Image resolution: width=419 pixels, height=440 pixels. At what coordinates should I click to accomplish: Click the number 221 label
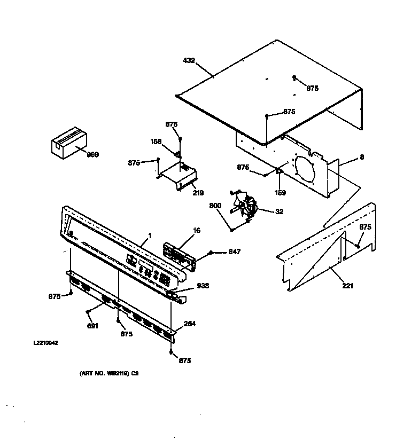pos(347,286)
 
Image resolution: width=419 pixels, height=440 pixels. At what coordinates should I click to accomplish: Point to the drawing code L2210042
pos(45,343)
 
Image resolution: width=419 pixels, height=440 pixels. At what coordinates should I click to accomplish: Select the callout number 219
pos(198,192)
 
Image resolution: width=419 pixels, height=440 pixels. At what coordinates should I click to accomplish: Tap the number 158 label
pos(156,142)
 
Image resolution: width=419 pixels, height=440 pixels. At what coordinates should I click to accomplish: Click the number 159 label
pos(280,193)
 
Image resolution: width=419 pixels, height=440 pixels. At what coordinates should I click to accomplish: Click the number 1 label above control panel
pos(150,235)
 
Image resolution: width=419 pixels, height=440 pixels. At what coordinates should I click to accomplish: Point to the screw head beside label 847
pos(212,252)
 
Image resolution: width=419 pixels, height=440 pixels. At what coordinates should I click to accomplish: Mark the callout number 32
pos(278,211)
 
